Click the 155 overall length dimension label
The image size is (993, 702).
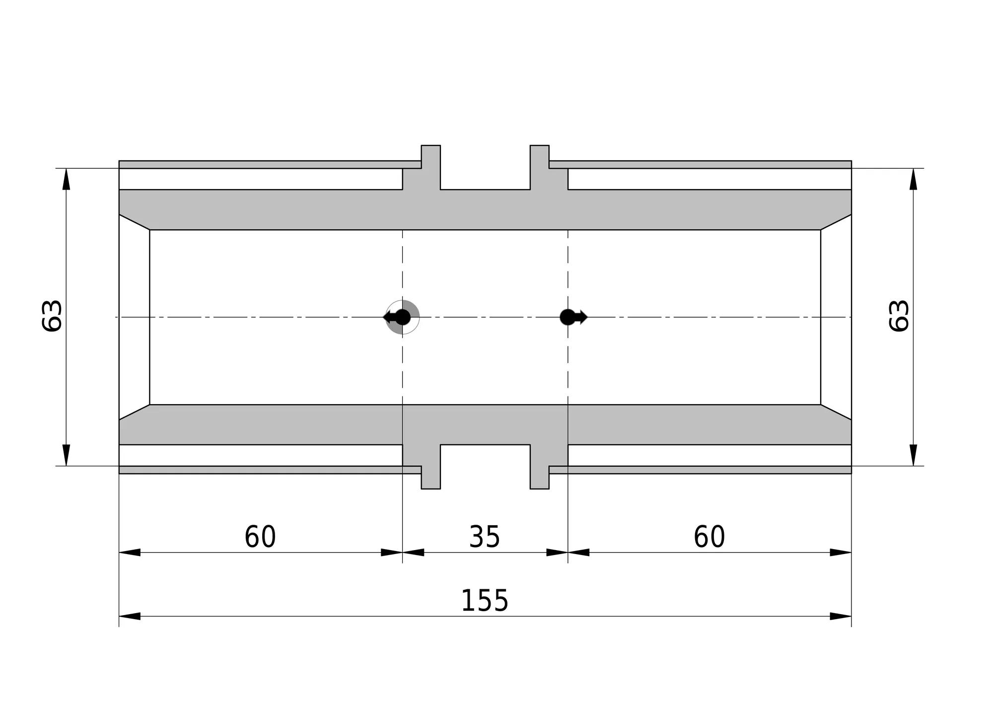pyautogui.click(x=485, y=601)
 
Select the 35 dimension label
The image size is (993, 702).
pyautogui.click(x=485, y=537)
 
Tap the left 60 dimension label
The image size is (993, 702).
pyautogui.click(x=260, y=537)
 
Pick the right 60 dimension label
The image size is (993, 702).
pyautogui.click(x=709, y=537)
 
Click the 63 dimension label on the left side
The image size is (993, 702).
pyautogui.click(x=52, y=316)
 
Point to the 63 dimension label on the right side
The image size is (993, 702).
pyautogui.click(x=898, y=316)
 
